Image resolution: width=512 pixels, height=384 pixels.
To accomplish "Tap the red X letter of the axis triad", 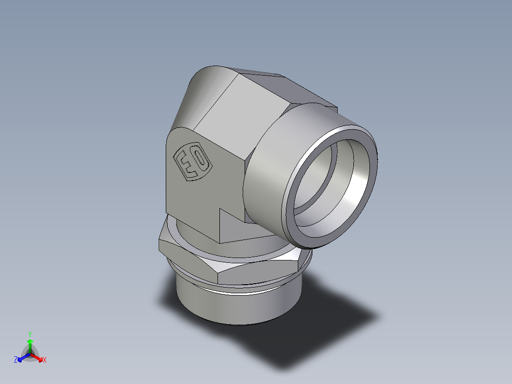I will pyautogui.click(x=44, y=360).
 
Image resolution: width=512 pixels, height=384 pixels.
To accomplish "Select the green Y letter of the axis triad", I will pyautogui.click(x=29, y=334).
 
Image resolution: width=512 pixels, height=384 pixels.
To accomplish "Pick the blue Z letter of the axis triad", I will pyautogui.click(x=16, y=360).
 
